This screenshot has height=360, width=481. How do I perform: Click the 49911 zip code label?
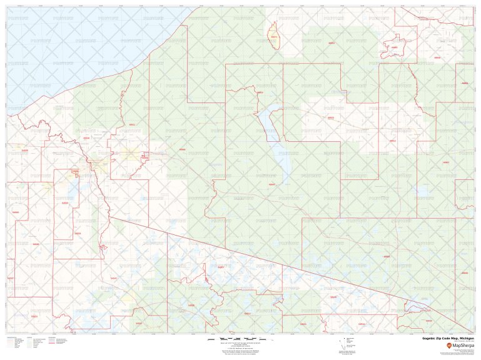[x=131, y=124]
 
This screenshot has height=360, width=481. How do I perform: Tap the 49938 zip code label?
[x=86, y=138]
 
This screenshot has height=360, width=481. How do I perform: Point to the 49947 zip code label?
[x=271, y=185]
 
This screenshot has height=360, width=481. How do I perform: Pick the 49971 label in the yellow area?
[x=273, y=37]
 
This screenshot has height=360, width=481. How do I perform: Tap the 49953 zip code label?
[x=332, y=43]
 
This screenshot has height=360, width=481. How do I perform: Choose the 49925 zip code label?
[x=331, y=117]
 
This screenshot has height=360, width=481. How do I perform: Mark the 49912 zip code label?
[x=392, y=141]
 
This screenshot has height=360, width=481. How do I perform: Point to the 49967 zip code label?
[x=446, y=162]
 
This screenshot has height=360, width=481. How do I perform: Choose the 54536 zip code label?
[x=36, y=244]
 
